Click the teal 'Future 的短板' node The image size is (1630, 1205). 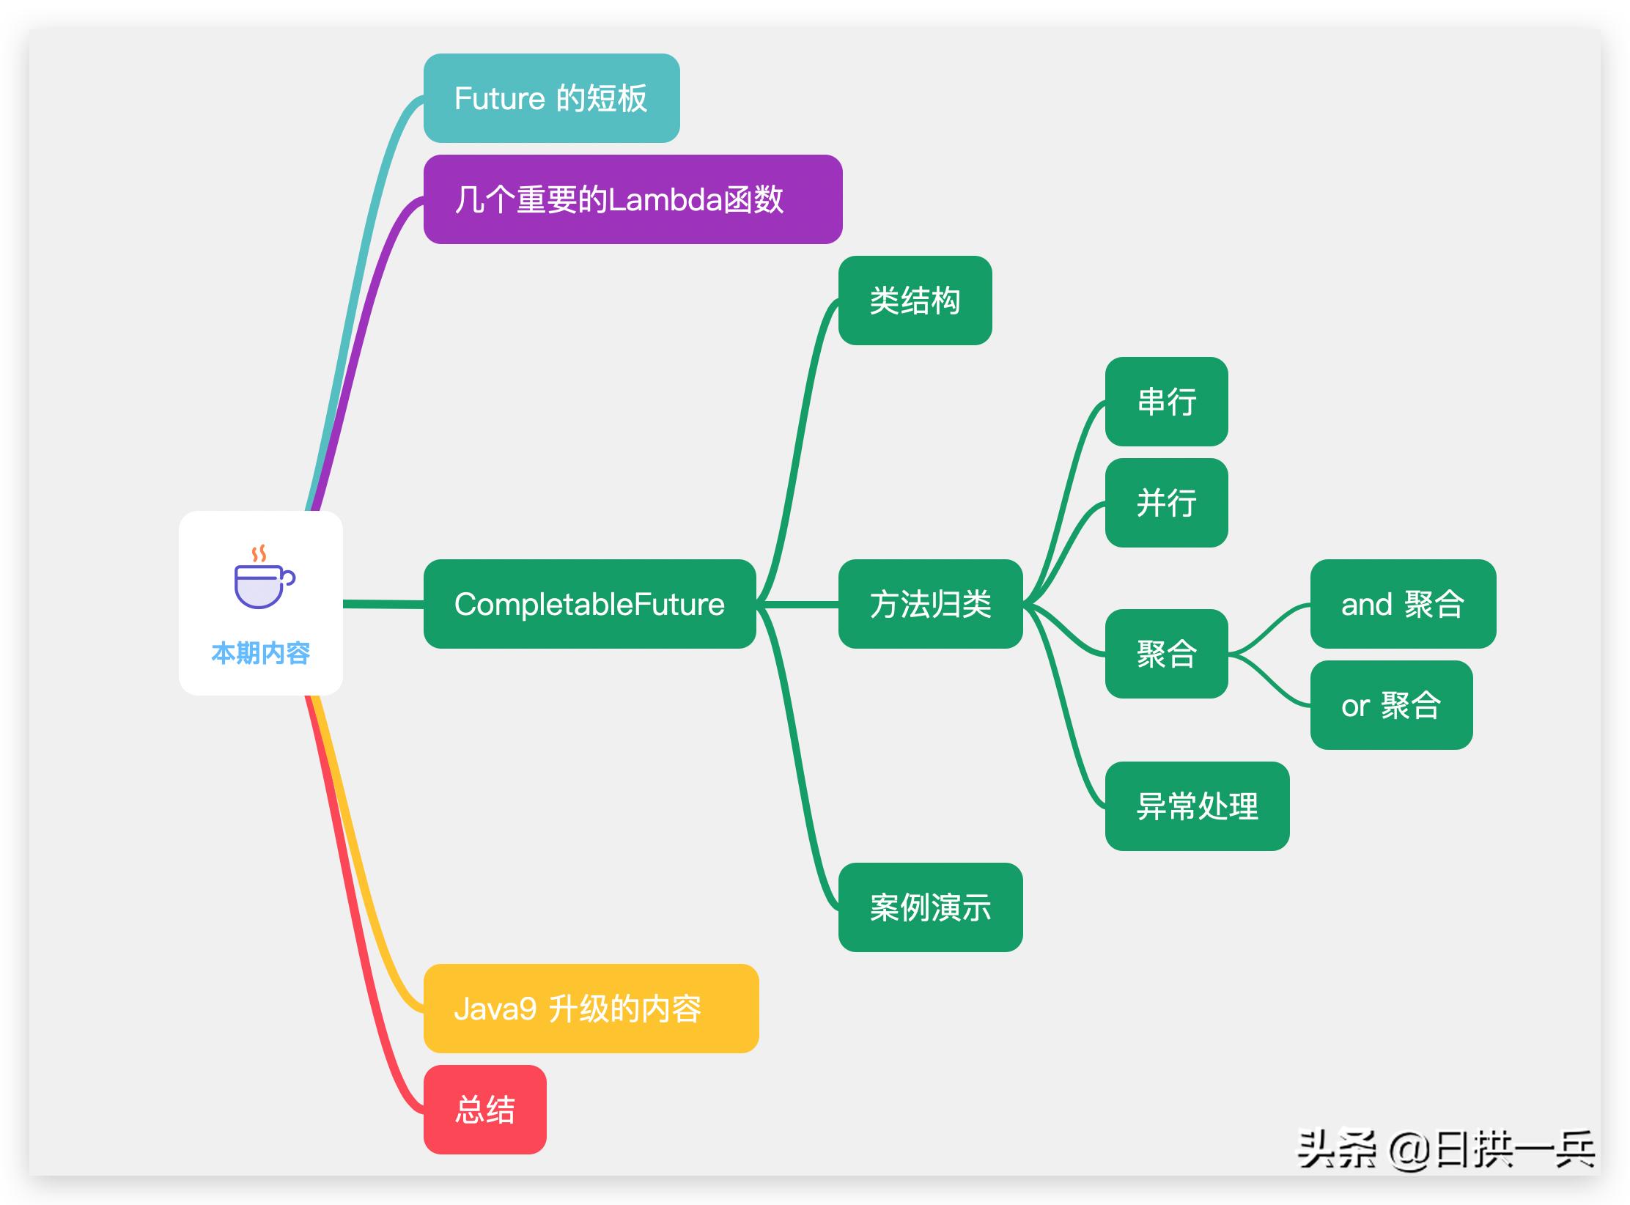(551, 98)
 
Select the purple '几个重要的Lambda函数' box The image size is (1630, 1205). (633, 199)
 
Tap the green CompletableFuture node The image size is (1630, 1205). (589, 604)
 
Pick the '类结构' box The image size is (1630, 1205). (915, 301)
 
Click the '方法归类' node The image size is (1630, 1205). (930, 604)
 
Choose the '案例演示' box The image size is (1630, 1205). (930, 907)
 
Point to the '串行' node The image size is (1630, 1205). (1166, 402)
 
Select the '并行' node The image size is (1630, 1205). (1166, 503)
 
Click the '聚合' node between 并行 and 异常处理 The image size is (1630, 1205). (1166, 654)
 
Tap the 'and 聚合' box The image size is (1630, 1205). (1403, 604)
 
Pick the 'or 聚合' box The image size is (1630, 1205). (1391, 705)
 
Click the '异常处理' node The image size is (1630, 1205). (1197, 806)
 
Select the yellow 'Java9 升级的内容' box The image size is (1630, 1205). (591, 1009)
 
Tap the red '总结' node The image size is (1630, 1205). (484, 1110)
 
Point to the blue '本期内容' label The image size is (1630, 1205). (261, 653)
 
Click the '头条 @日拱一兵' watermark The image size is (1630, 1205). (1445, 1150)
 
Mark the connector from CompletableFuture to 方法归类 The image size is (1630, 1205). (797, 605)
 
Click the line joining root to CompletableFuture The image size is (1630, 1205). (383, 604)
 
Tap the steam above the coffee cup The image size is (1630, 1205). (259, 553)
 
